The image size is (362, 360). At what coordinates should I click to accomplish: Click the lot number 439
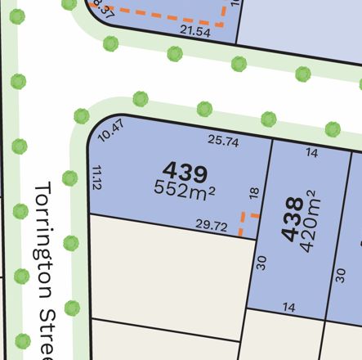[185, 173]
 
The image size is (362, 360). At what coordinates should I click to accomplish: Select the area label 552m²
[184, 189]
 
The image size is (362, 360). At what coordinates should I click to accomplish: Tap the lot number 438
[291, 220]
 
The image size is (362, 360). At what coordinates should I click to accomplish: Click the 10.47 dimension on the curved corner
[109, 131]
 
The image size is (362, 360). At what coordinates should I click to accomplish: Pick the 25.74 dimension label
[222, 140]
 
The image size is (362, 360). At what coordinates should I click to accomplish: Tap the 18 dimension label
[253, 193]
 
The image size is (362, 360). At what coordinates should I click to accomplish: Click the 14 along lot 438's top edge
[311, 153]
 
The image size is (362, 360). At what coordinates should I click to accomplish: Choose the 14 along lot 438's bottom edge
[288, 308]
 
